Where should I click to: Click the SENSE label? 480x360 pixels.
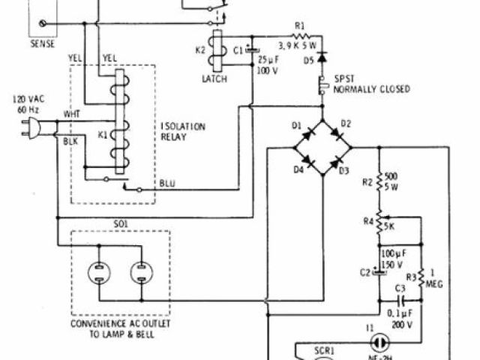pos(42,44)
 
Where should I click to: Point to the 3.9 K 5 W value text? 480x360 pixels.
pos(302,45)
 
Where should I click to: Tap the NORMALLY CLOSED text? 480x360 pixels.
pos(373,88)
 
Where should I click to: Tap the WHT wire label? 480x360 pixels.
pos(70,114)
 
